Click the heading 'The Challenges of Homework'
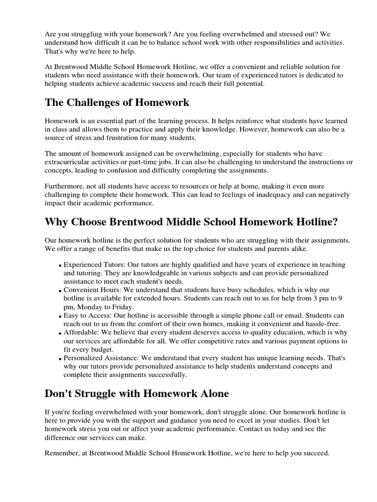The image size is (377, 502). [117, 102]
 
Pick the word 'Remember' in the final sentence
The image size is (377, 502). [61, 453]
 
